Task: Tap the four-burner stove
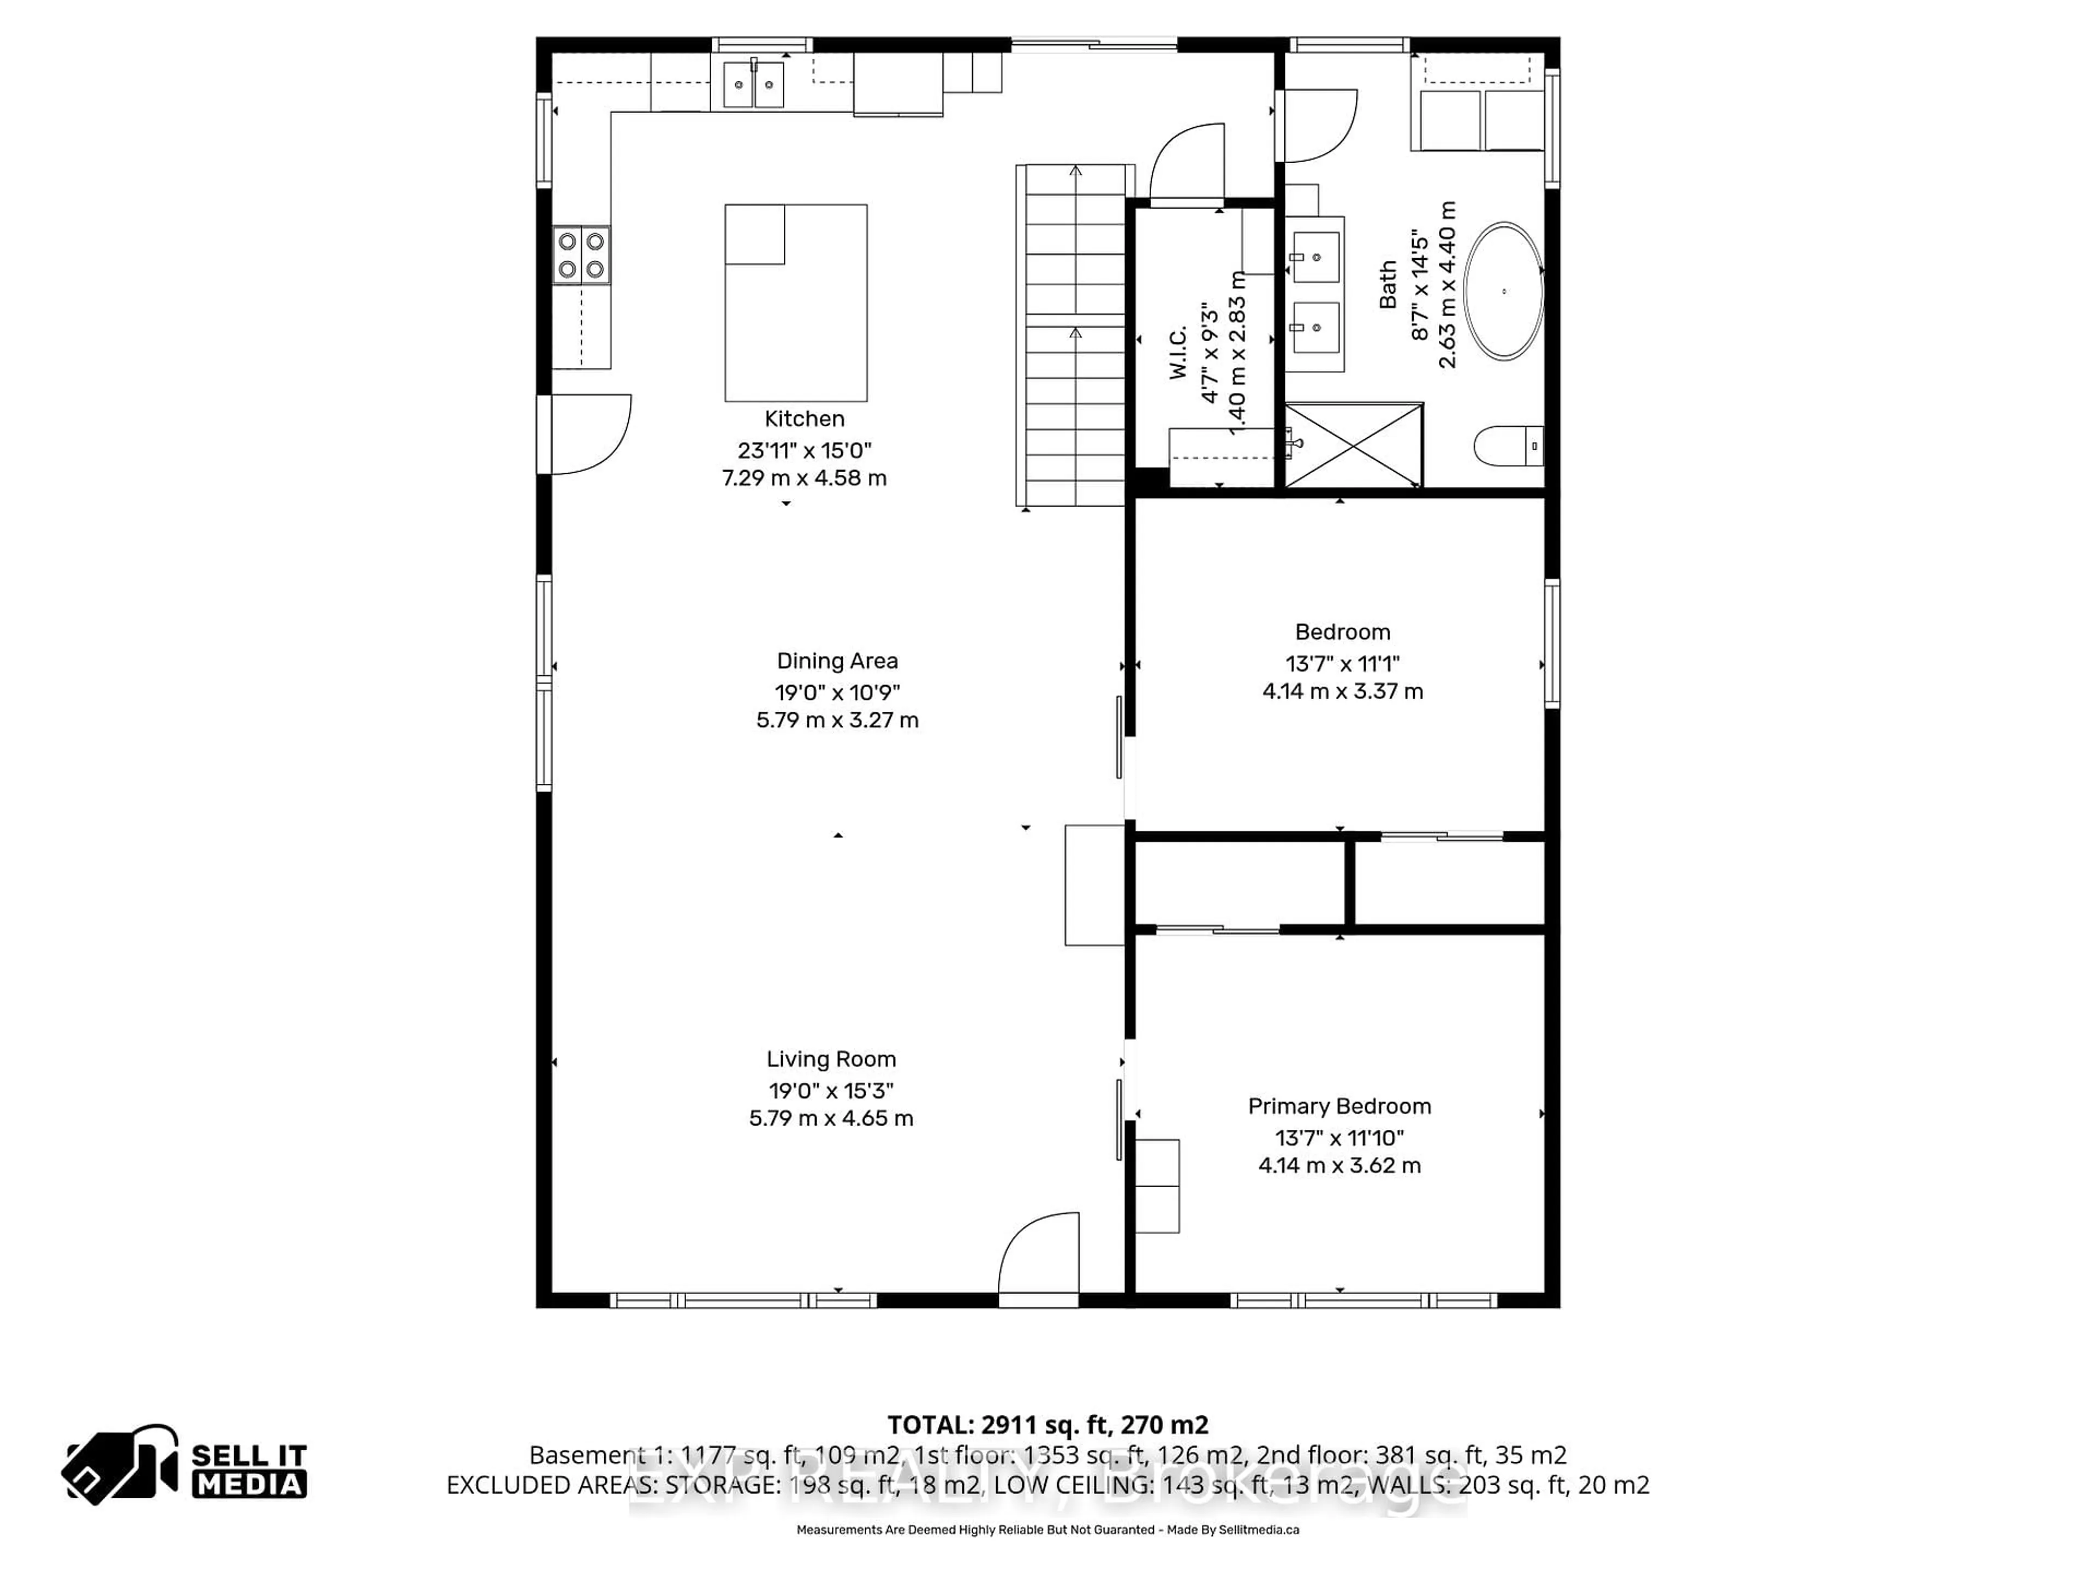tap(581, 255)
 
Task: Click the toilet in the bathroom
tap(1509, 445)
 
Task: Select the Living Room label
tap(831, 1059)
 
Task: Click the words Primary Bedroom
tap(1339, 1107)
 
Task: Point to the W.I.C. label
tap(1178, 353)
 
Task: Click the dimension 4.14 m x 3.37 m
tap(1342, 692)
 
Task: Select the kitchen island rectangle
tap(796, 303)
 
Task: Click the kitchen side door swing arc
tap(592, 434)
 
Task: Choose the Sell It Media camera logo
tap(120, 1464)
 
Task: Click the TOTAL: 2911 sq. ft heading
tap(1047, 1425)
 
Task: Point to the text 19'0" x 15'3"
tap(831, 1091)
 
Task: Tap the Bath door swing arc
tap(1317, 126)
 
